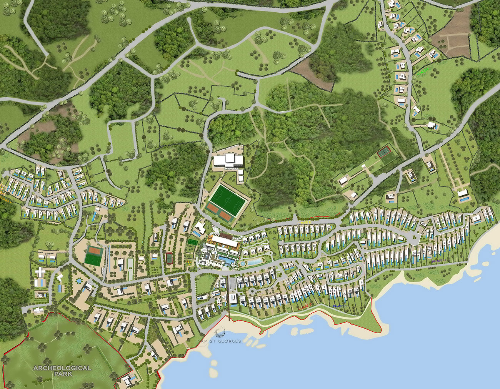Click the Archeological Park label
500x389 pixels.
[x=62, y=371]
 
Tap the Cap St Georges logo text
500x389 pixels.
[x=219, y=341]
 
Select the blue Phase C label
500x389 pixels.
[x=339, y=306]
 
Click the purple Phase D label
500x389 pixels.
[x=438, y=261]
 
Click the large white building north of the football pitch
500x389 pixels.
[x=229, y=160]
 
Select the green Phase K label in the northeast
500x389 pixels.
[x=423, y=70]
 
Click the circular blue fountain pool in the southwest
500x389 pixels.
[x=78, y=281]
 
